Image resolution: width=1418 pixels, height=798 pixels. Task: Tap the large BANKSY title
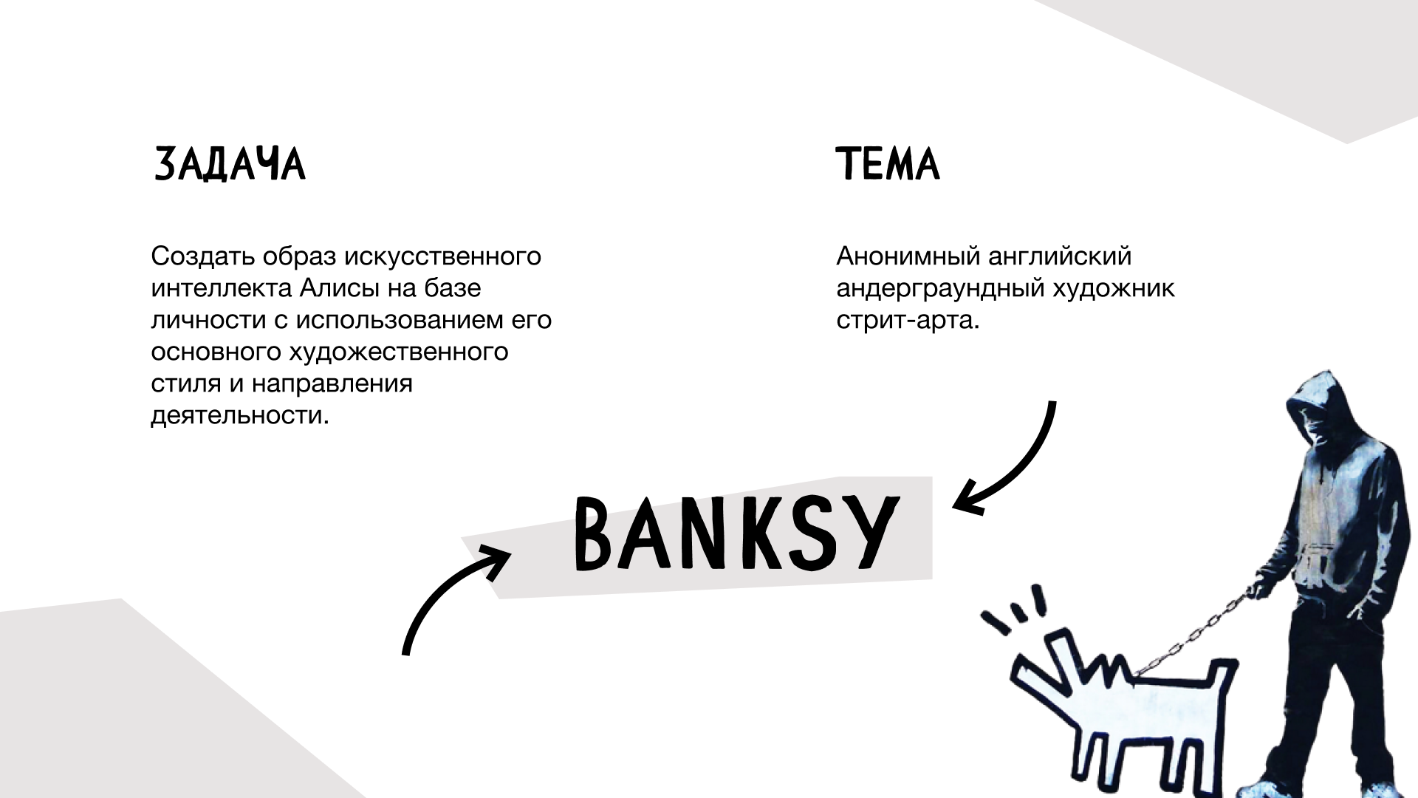(737, 533)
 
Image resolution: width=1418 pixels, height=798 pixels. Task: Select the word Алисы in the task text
(340, 288)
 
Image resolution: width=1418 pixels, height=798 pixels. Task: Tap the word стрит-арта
(908, 321)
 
